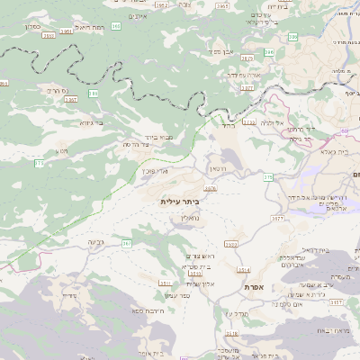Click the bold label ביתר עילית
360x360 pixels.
(183, 202)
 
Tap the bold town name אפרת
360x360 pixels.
(253, 286)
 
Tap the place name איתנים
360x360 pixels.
(138, 16)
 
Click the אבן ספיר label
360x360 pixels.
(221, 51)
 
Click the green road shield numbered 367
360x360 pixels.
(127, 243)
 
